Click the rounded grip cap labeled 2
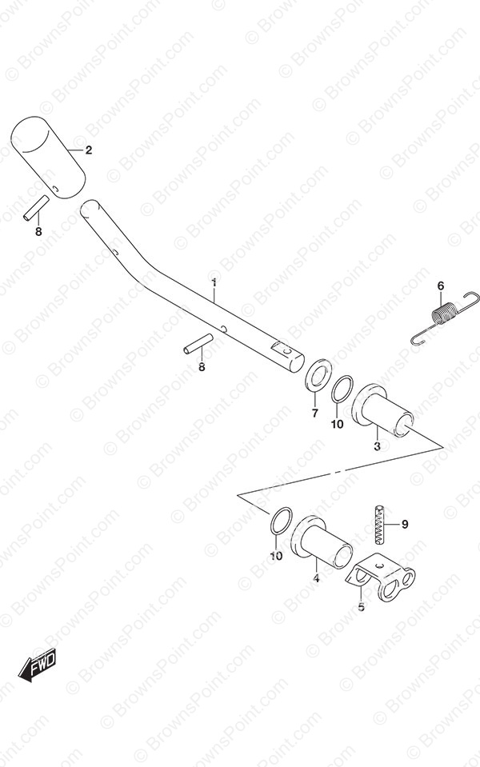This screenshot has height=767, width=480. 47,158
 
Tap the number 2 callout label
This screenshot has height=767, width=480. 89,150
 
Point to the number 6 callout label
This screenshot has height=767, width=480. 440,286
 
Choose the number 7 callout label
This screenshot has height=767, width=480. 314,413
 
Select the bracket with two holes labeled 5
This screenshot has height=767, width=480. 381,577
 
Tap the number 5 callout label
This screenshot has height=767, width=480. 361,607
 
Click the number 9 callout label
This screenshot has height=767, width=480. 405,525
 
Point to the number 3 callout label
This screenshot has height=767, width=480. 377,446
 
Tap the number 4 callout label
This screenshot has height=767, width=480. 316,579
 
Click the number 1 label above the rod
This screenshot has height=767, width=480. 214,283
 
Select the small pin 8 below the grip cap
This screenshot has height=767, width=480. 36,208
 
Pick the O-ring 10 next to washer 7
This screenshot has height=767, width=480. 342,389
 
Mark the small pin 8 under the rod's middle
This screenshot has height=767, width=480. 198,343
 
